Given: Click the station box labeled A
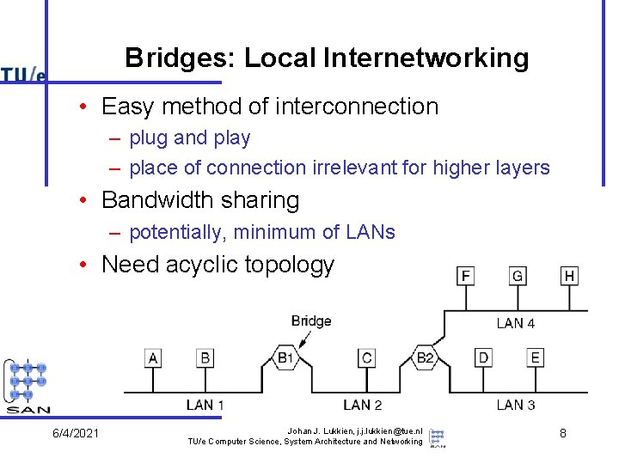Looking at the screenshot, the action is click(153, 357).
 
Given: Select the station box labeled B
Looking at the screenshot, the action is click(205, 357).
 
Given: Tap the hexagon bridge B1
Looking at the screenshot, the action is click(285, 357).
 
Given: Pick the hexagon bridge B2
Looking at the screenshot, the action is click(425, 357).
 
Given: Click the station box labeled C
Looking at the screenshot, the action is click(367, 357).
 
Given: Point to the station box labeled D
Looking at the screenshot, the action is click(484, 357).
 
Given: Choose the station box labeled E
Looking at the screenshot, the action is click(536, 357).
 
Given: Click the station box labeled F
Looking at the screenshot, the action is click(466, 276).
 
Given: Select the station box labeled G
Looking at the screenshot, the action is click(518, 276).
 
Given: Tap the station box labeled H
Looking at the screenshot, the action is click(569, 276).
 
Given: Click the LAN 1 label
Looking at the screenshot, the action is click(205, 404).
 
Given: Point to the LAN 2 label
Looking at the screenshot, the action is click(362, 404).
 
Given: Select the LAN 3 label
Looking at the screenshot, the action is click(516, 404).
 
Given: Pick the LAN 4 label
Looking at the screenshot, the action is click(516, 323).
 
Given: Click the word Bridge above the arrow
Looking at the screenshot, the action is click(311, 321).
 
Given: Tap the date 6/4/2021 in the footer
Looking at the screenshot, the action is click(76, 433).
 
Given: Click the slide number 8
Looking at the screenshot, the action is click(562, 433).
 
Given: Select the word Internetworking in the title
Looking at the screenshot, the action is click(426, 58).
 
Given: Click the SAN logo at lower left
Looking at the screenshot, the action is click(28, 387).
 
